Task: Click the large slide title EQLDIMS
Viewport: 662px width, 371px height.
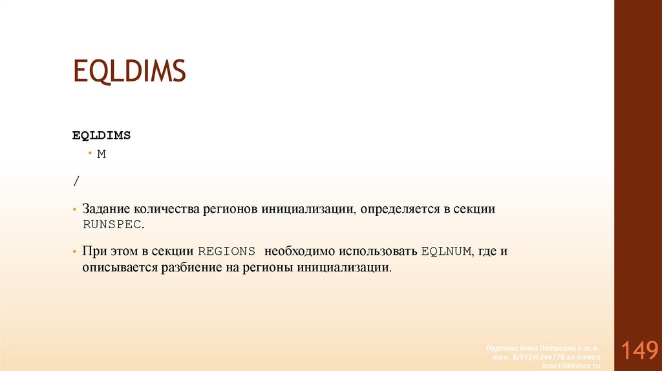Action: coord(129,70)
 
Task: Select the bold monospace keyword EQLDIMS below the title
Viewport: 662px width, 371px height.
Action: coord(101,135)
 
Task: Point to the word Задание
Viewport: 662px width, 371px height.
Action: coord(106,210)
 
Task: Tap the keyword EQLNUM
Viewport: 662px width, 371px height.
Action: coord(446,251)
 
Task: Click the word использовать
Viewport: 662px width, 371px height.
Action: coord(378,251)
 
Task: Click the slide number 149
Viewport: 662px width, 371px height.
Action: coord(638,350)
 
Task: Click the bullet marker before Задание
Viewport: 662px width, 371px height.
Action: coord(75,211)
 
